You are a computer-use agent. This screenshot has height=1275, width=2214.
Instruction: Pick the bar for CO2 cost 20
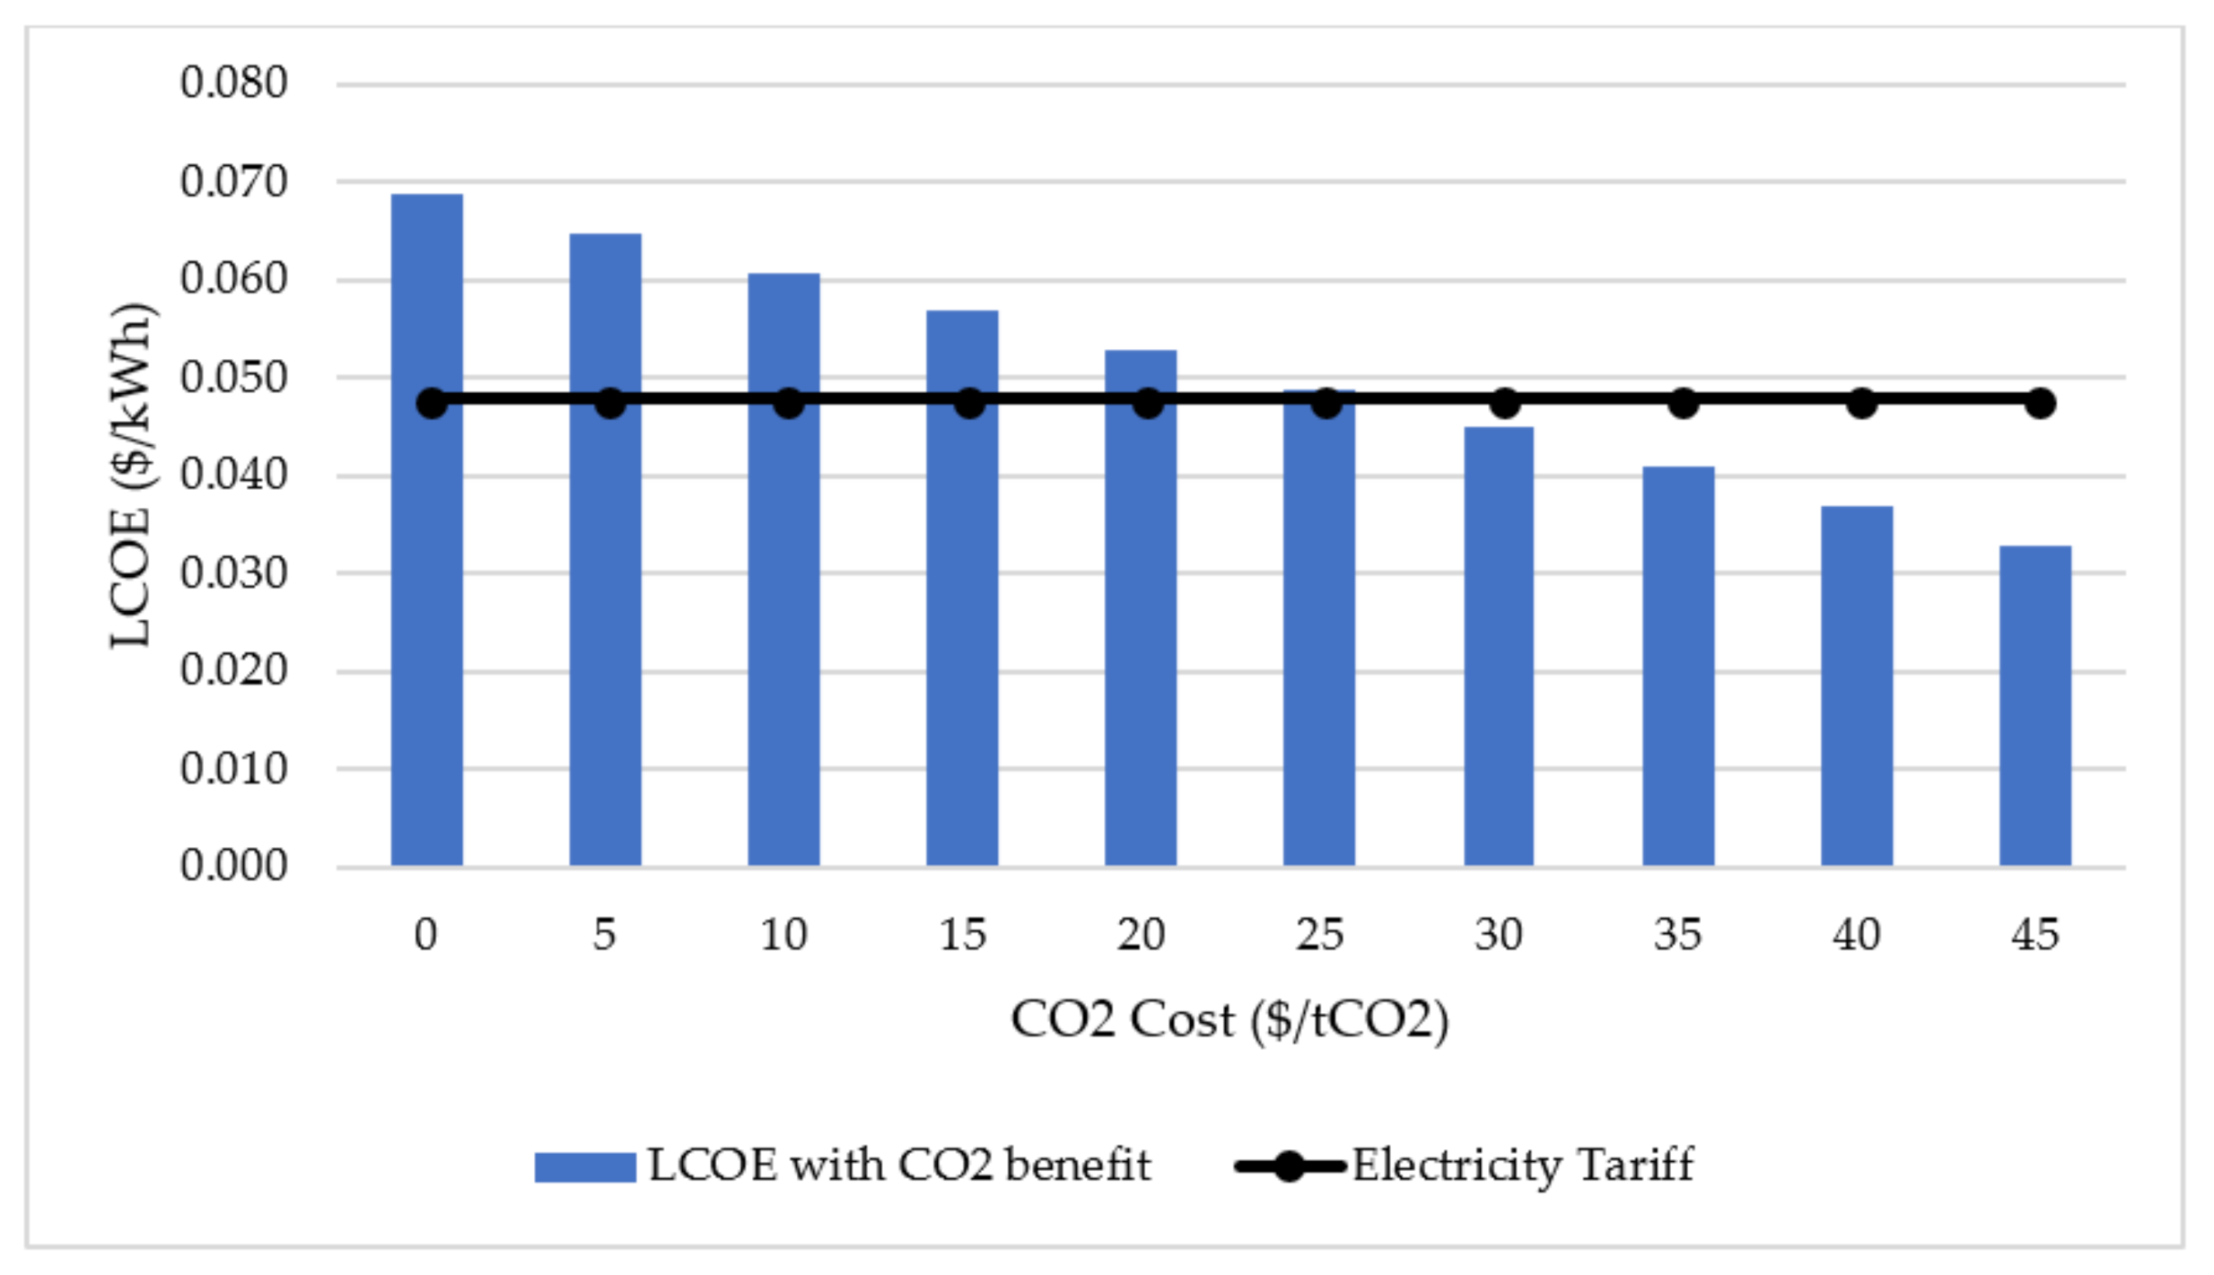1140,628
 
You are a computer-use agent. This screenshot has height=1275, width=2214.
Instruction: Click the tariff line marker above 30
1505,404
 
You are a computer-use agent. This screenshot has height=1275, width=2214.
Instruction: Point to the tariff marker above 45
2040,404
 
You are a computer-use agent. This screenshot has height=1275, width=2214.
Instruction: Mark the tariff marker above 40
1861,404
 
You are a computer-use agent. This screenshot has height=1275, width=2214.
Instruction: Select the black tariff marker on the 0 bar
432,404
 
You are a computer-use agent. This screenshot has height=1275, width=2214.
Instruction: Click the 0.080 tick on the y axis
233,83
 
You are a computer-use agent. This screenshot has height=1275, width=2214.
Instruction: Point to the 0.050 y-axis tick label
233,378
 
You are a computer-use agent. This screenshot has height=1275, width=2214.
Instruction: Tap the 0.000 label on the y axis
233,866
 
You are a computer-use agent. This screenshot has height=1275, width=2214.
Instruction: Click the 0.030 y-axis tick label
233,573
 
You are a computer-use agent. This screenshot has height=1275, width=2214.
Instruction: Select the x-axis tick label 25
1319,936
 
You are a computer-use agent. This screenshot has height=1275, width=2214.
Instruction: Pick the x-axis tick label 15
962,936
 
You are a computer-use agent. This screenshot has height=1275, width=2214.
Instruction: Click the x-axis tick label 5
605,936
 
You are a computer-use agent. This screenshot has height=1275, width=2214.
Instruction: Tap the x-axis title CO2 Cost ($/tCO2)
1230,1020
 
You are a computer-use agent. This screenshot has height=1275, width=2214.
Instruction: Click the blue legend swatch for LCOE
584,1167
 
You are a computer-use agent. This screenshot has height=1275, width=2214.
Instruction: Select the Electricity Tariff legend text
1522,1166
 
